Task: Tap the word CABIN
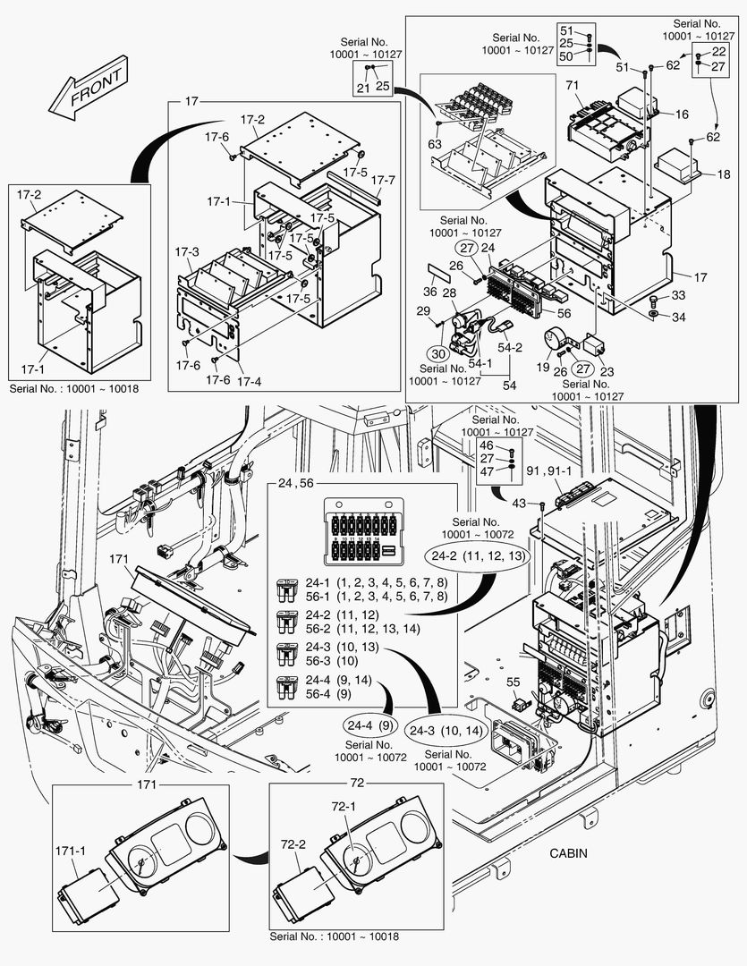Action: tap(568, 852)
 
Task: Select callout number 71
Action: tap(573, 86)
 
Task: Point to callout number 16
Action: tap(682, 114)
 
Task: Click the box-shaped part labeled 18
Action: tap(676, 167)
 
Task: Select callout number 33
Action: tap(678, 296)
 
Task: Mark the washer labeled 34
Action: tap(655, 317)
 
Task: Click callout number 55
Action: tap(513, 682)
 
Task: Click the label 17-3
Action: tap(188, 252)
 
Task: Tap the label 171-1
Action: tap(71, 849)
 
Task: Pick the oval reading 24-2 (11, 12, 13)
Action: tap(478, 555)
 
